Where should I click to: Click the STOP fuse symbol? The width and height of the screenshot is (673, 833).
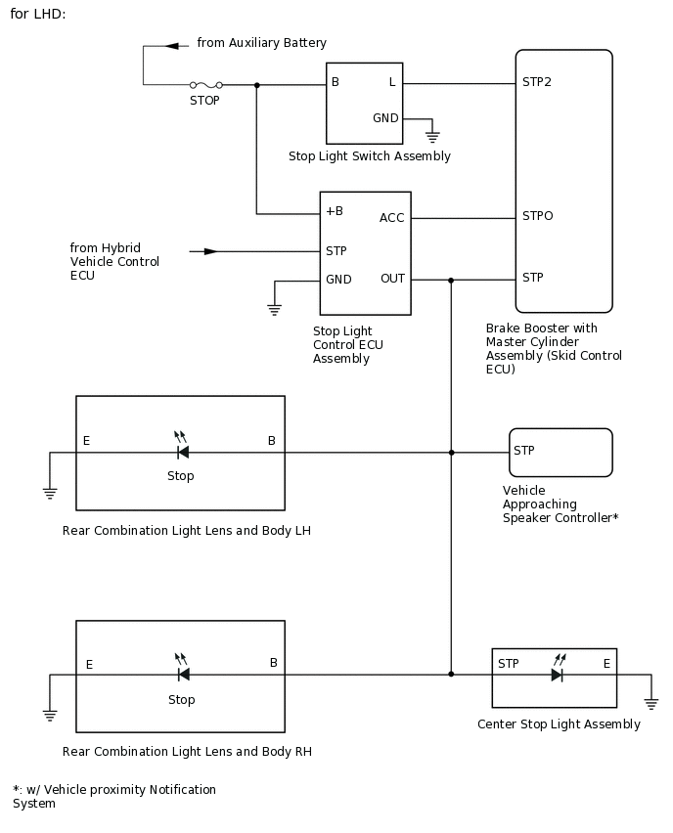(x=204, y=85)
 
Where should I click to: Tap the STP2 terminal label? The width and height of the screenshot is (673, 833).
(x=537, y=82)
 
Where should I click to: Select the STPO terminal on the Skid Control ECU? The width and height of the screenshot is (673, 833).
(x=537, y=216)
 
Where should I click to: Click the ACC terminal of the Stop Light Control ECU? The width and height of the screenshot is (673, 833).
(x=391, y=218)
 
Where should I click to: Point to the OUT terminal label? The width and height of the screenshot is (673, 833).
(x=392, y=279)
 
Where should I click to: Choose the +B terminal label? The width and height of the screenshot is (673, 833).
(x=335, y=211)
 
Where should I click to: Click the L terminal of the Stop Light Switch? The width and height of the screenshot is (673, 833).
(x=392, y=82)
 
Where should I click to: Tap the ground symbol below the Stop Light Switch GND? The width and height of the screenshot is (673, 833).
(x=431, y=137)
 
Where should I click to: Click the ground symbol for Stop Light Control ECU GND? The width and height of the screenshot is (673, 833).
(x=275, y=310)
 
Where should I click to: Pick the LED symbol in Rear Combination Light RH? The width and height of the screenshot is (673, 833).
(x=182, y=673)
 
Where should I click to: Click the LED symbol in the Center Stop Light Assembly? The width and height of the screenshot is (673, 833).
(x=557, y=674)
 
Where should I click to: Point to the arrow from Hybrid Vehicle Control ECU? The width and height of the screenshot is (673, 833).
(x=210, y=251)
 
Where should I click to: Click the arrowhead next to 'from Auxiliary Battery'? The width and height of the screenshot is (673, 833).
(x=172, y=45)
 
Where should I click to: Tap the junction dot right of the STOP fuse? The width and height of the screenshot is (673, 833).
(x=256, y=85)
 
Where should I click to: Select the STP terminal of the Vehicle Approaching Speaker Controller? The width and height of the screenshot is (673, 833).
(x=524, y=451)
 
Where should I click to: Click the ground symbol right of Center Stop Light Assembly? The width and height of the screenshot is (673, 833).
(x=651, y=702)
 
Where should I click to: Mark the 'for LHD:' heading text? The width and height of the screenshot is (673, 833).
(x=38, y=15)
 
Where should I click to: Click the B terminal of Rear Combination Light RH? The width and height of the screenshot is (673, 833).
(x=274, y=663)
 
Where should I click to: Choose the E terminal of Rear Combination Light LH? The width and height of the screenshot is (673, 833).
(x=86, y=441)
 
